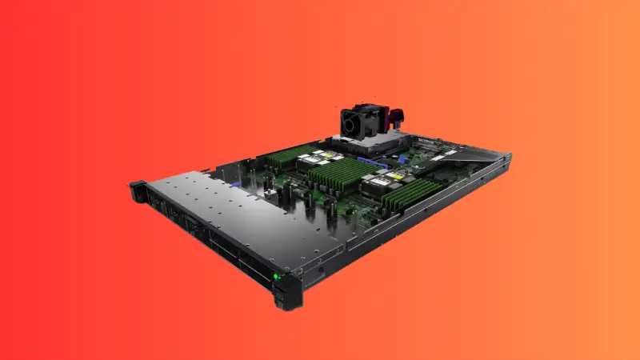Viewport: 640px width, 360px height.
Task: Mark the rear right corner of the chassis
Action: (507, 161)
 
